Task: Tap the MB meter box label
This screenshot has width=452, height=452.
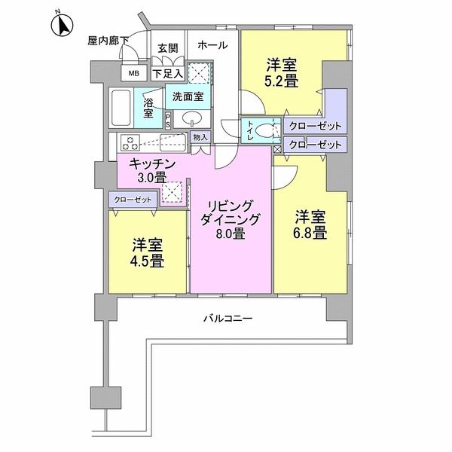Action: [x=133, y=73]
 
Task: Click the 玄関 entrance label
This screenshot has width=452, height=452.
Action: [x=167, y=49]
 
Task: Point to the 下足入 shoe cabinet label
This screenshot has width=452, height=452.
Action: [x=166, y=73]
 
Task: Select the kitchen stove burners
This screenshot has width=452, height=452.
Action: [x=129, y=141]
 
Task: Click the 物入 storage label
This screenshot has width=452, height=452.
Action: [x=200, y=137]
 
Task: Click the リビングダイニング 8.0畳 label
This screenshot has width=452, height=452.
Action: [x=230, y=219]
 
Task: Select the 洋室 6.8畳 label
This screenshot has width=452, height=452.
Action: [x=310, y=224]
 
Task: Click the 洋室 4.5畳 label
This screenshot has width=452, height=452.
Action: [x=148, y=253]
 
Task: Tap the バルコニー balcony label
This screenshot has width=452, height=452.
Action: [x=228, y=318]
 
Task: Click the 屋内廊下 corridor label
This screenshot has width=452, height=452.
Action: [x=108, y=40]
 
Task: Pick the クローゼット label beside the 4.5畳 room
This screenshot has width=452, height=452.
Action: [x=133, y=200]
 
